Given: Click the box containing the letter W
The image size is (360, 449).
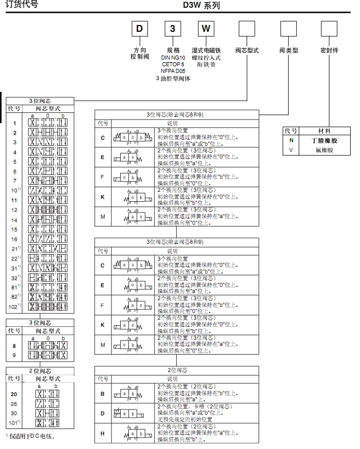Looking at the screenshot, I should pyautogui.click(x=206, y=28).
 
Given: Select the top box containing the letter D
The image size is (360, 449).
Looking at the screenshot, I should pyautogui.click(x=139, y=28).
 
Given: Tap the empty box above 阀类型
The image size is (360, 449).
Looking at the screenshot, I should pyautogui.click(x=288, y=28).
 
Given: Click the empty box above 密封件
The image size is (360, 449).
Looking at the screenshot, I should pyautogui.click(x=329, y=28).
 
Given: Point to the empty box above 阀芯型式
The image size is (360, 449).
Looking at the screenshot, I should pyautogui.click(x=247, y=28).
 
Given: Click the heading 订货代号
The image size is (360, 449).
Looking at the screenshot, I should pyautogui.click(x=21, y=5).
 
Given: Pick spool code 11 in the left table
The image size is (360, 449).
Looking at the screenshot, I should pyautogui.click(x=15, y=200).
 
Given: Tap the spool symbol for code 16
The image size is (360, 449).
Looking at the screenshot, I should pyautogui.click(x=48, y=239).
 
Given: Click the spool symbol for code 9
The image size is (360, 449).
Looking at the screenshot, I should pyautogui.click(x=48, y=355).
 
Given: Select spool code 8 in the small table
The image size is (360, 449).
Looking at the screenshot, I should pyautogui.click(x=14, y=346).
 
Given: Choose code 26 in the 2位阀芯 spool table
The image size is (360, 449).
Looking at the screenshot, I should pyautogui.click(x=14, y=403).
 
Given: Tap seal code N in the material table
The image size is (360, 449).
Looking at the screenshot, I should pyautogui.click(x=291, y=140).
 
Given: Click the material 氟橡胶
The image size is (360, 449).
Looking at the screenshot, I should pyautogui.click(x=324, y=150).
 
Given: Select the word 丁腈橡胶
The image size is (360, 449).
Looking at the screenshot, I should pyautogui.click(x=324, y=140).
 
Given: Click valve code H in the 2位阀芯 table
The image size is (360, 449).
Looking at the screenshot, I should pyautogui.click(x=103, y=433).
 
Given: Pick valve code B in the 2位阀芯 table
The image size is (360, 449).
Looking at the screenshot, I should pyautogui.click(x=103, y=394).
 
